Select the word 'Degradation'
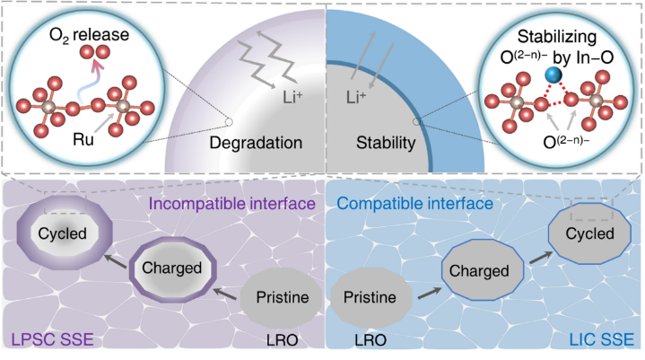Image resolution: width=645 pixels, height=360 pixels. coord(256,142)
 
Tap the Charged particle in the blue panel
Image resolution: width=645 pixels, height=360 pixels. coord(480,270)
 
